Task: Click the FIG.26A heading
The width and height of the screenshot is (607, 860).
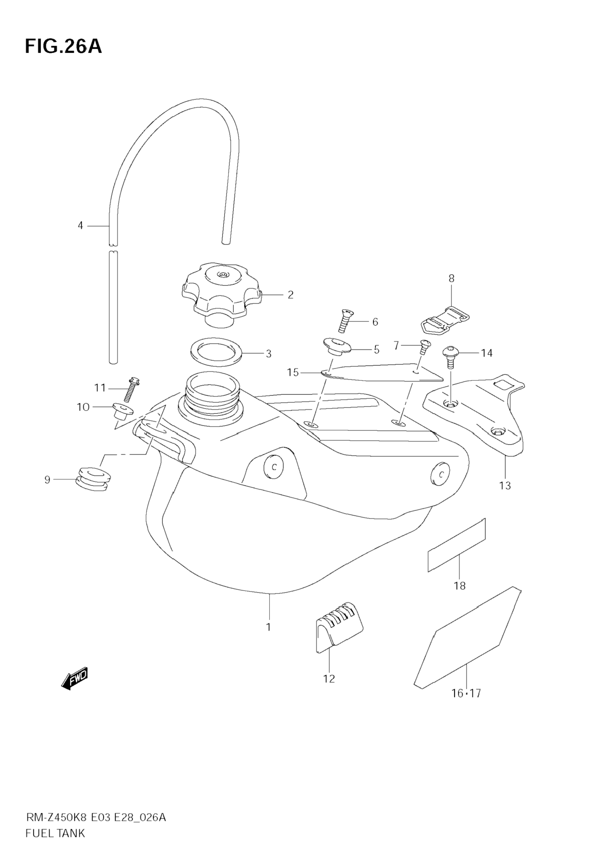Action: click(x=63, y=47)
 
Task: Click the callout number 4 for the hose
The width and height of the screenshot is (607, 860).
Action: click(x=80, y=226)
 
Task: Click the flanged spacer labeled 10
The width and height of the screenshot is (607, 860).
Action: click(x=122, y=411)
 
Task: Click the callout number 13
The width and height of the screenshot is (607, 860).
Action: click(x=505, y=485)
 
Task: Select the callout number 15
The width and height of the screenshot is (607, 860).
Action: click(x=293, y=372)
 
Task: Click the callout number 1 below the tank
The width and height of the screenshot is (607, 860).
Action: click(x=268, y=627)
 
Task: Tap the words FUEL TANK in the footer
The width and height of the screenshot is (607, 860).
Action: click(x=55, y=844)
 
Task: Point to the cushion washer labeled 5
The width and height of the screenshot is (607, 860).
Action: click(x=336, y=346)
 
